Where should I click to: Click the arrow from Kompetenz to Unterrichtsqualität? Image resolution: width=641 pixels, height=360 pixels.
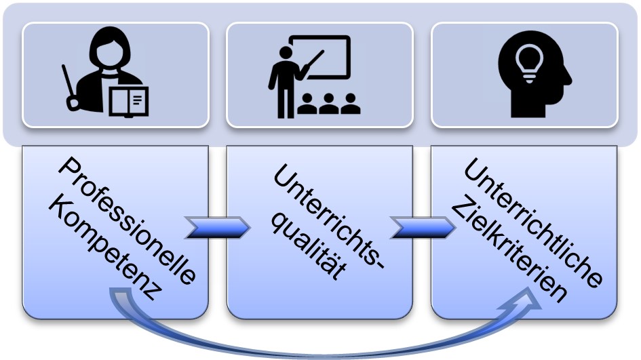tap(216, 228)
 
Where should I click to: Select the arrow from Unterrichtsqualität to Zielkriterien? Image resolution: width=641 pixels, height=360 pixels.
tap(422, 228)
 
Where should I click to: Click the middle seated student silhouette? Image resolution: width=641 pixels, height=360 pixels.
tap(328, 103)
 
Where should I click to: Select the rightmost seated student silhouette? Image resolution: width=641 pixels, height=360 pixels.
tap(350, 103)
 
